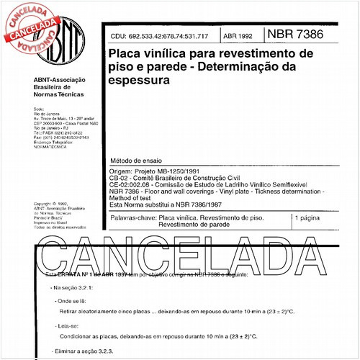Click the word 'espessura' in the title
tap(138, 81)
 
